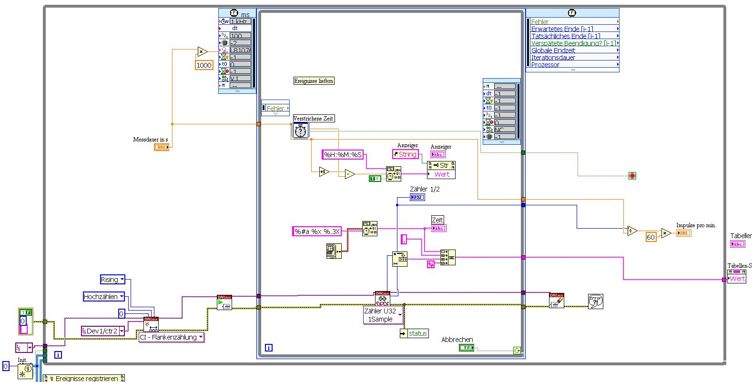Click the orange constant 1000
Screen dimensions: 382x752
point(204,65)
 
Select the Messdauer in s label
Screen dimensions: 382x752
point(150,140)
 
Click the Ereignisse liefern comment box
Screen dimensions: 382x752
point(314,81)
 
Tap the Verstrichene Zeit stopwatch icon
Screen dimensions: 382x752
point(300,131)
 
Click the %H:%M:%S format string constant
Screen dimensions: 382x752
point(343,154)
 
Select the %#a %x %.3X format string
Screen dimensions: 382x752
point(317,231)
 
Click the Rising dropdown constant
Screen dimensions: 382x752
point(112,280)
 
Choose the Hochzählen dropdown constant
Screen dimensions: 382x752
point(104,297)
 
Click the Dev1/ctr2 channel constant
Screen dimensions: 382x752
point(102,331)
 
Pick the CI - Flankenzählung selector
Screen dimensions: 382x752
point(171,337)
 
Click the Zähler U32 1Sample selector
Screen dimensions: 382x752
point(383,315)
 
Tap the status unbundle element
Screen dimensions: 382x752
point(414,333)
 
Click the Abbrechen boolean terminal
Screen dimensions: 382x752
point(466,348)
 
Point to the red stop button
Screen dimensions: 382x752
point(632,176)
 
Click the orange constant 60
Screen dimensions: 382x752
point(650,237)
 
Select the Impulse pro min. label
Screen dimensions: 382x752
point(696,225)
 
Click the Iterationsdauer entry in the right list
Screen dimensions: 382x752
point(553,58)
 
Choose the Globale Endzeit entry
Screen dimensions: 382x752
point(553,50)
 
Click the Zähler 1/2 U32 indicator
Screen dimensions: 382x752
point(417,197)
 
